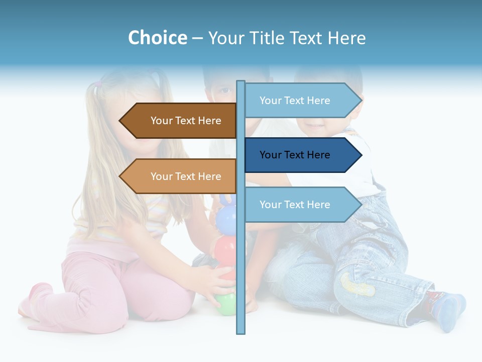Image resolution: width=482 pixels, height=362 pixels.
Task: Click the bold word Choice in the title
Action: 157,38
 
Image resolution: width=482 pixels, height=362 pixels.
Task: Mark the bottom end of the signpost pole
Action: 240,332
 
